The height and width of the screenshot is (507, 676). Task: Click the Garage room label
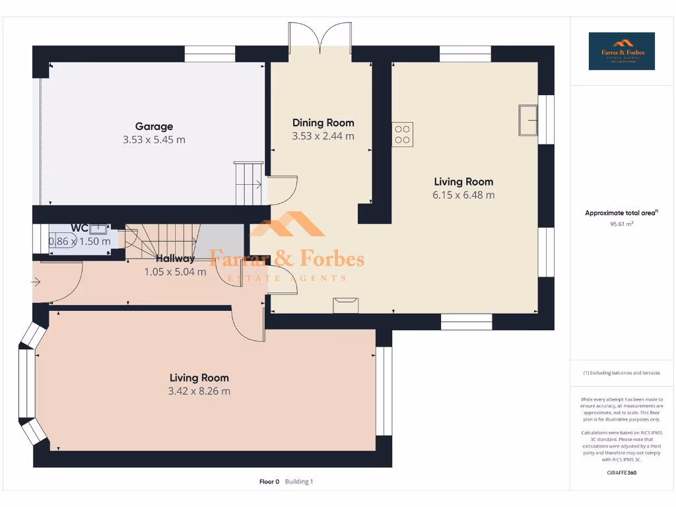click(154, 126)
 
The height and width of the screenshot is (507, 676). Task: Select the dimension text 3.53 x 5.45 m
click(154, 140)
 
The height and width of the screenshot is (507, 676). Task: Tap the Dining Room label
click(323, 123)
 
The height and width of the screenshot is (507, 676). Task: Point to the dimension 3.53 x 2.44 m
click(323, 136)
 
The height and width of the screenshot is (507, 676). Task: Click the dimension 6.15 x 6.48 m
click(463, 195)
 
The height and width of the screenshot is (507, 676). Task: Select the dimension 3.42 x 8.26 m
click(199, 391)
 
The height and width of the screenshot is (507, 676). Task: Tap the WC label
click(79, 228)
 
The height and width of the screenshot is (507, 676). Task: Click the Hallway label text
click(175, 259)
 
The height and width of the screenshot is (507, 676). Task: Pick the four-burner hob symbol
click(403, 134)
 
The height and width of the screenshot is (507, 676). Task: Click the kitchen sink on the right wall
click(528, 119)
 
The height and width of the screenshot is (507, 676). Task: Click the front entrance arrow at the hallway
click(36, 283)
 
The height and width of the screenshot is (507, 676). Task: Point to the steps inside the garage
click(248, 183)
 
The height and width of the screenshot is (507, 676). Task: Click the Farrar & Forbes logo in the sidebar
click(621, 51)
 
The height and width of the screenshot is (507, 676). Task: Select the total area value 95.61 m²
click(621, 224)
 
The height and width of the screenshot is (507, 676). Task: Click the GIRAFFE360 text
click(621, 473)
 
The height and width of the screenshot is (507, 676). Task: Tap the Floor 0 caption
click(269, 482)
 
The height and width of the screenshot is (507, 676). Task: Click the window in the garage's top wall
click(209, 54)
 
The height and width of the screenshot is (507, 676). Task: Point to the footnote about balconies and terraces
click(621, 373)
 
